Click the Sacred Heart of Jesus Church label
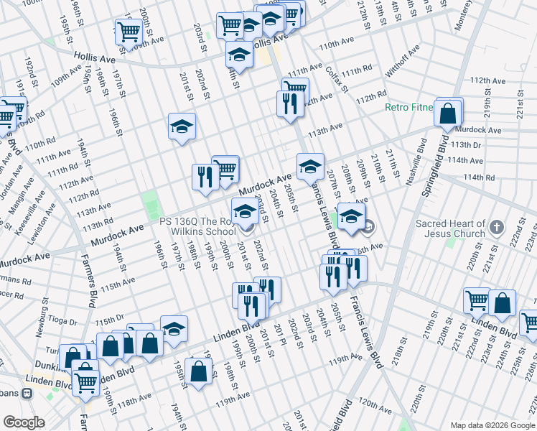tap(451, 228)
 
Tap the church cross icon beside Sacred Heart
tap(496, 228)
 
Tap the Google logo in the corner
tap(24, 422)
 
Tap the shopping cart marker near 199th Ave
tap(127, 31)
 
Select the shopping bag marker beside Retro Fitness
tap(449, 113)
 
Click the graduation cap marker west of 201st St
tap(182, 127)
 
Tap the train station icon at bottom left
tap(27, 394)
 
